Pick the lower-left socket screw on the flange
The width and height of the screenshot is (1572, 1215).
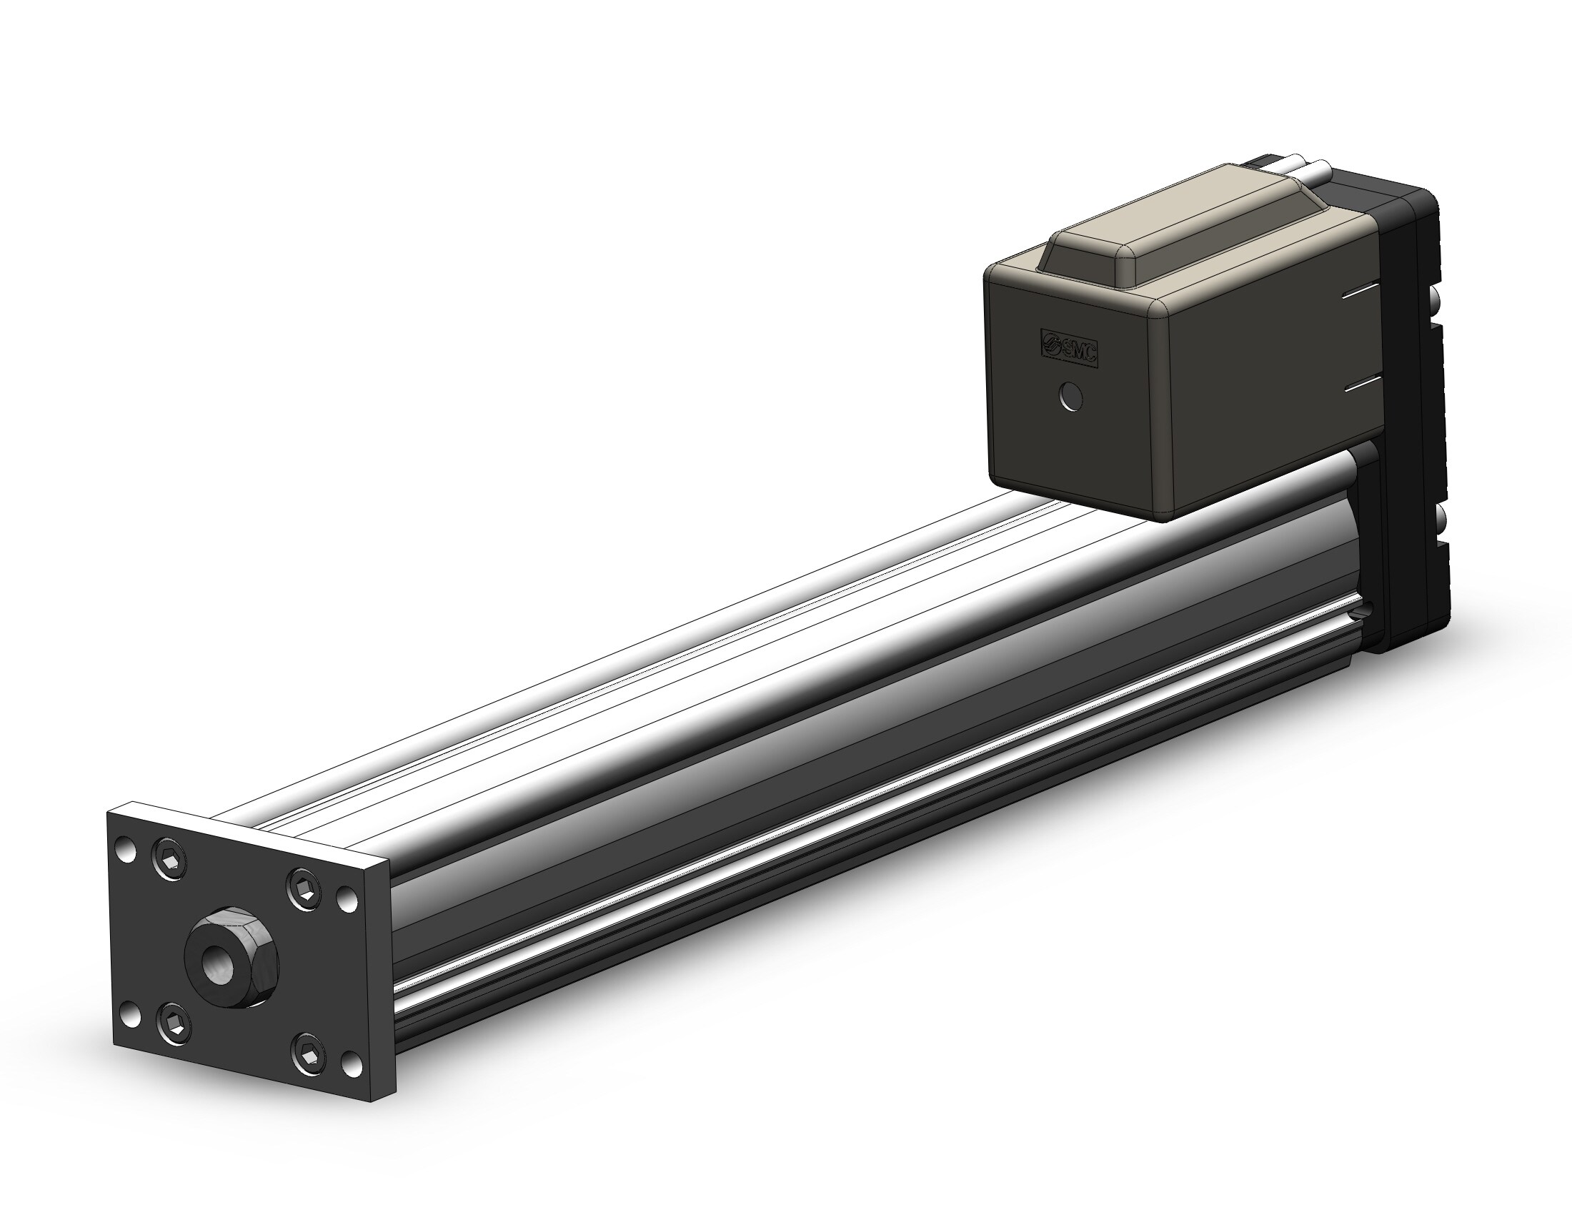point(174,1020)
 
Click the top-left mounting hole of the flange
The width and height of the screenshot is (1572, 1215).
point(128,849)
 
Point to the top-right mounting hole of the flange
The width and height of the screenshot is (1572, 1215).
point(347,898)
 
